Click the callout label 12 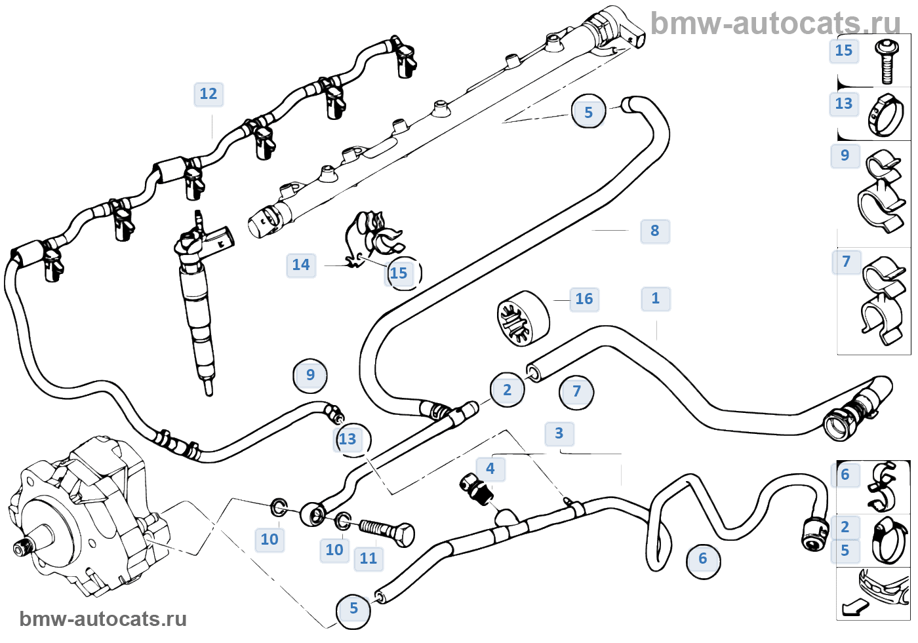(209, 94)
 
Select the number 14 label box (301, 265)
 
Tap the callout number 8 (654, 231)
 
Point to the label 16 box (584, 300)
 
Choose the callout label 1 (655, 298)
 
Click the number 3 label (559, 433)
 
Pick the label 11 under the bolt (369, 558)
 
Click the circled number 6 (703, 559)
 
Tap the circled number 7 (576, 392)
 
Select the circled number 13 (348, 439)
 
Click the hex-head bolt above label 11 (388, 531)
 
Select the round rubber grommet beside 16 (523, 318)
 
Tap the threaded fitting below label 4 (477, 489)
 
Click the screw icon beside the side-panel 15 (886, 61)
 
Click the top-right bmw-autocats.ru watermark (775, 24)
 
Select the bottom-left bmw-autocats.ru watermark (103, 619)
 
